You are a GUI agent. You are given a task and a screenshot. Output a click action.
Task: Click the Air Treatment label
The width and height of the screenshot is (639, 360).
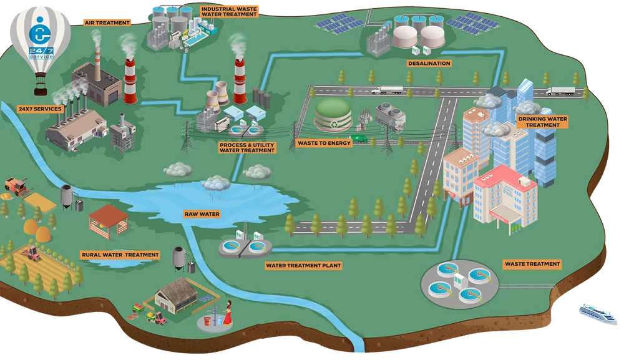click(107, 22)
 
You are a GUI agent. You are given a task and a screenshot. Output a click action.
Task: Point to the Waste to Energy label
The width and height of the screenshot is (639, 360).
click(324, 143)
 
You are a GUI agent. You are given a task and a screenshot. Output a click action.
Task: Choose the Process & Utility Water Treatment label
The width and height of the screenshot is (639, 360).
click(247, 147)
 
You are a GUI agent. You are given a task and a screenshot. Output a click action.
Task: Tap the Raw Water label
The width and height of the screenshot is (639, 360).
click(202, 214)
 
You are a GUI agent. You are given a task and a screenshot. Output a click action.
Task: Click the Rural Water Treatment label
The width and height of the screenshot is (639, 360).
click(120, 255)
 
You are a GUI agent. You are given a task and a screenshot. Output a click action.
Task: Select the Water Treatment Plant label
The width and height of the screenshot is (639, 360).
click(304, 265)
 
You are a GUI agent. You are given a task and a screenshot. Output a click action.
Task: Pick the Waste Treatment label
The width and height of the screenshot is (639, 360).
click(532, 264)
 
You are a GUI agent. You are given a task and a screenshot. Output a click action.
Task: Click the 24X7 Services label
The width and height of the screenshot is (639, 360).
click(40, 109)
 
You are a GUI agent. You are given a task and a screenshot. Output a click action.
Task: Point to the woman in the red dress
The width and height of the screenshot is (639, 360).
click(228, 313)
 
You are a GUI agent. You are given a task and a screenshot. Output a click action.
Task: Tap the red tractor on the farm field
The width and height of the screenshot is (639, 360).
click(32, 253)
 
